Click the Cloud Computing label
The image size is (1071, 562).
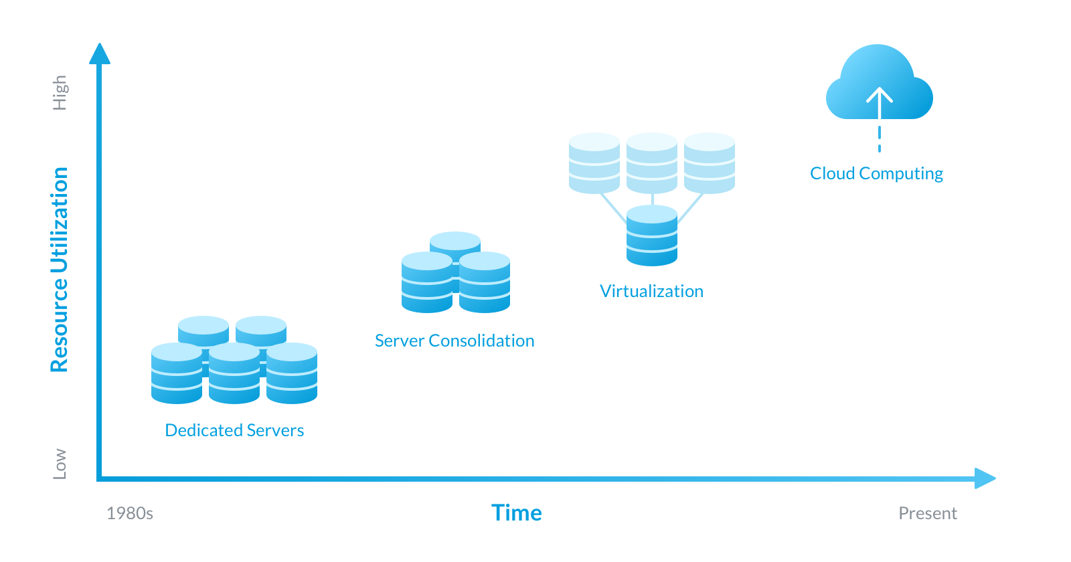(x=876, y=174)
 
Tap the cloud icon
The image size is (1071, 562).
(x=879, y=84)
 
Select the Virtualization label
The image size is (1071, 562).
(x=651, y=291)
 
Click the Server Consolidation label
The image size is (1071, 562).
(x=455, y=341)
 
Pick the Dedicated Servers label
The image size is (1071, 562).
(x=234, y=430)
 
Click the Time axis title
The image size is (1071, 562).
(x=516, y=512)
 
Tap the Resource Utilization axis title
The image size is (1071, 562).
(x=60, y=269)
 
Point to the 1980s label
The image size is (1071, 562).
(x=130, y=513)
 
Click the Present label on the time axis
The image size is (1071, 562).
(x=927, y=513)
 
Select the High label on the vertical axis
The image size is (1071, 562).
(x=60, y=92)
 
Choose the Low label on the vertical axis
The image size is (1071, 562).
(x=60, y=464)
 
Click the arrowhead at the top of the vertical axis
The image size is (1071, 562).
(x=100, y=54)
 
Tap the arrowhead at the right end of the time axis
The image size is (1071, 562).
(x=985, y=478)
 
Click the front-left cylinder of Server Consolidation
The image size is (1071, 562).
(x=427, y=282)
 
